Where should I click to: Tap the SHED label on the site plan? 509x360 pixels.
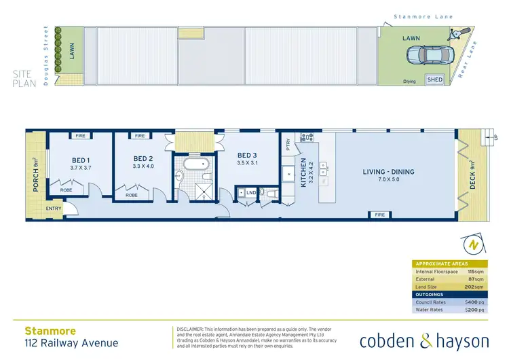pos(434,79)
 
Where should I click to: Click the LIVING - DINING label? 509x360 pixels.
pos(388,172)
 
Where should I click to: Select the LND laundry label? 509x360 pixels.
pos(250,193)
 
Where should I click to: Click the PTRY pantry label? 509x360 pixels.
pos(288,144)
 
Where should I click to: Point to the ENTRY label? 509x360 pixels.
pos(54,209)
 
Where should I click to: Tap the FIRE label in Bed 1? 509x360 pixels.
pos(80,136)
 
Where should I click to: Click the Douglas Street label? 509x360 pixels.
pos(47,48)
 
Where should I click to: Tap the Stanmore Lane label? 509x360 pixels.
pos(423,17)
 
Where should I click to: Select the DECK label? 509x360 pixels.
pos(472,175)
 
